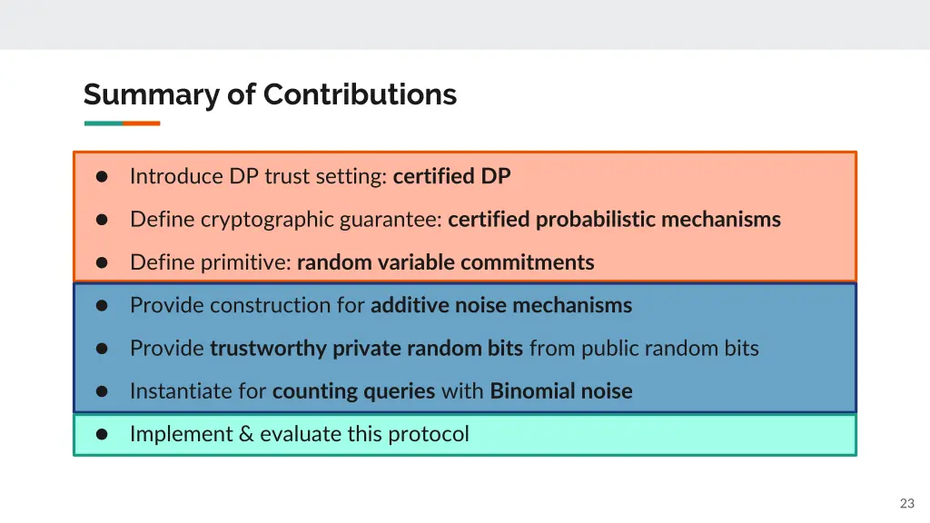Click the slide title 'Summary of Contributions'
270,94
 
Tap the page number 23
906,503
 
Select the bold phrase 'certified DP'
451,176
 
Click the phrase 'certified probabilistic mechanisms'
614,220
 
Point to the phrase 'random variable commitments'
445,263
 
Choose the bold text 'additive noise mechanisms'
501,306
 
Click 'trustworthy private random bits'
366,349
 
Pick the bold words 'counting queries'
353,391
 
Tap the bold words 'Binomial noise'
561,391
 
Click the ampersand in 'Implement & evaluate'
246,434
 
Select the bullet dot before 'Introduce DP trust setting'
103,177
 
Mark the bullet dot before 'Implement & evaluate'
103,435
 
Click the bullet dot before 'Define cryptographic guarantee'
103,220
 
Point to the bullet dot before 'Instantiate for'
103,392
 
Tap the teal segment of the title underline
103,123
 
